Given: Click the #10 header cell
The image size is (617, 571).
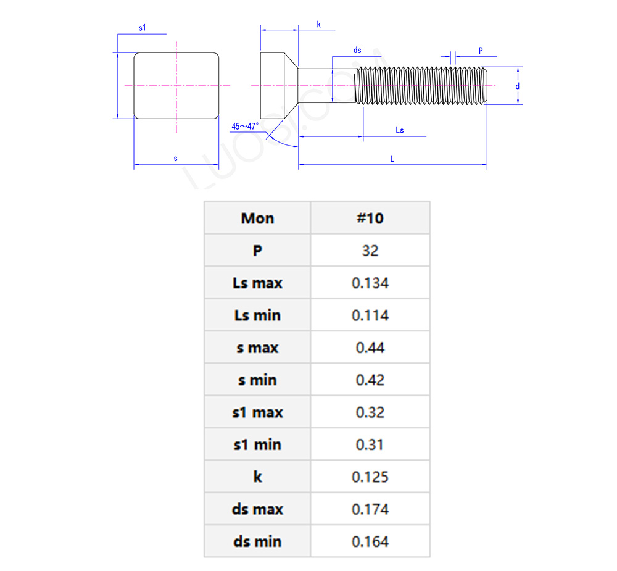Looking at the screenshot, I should click(x=370, y=219).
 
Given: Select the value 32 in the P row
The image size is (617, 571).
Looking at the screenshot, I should click(x=370, y=251).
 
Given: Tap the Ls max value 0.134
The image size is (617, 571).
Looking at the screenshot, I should click(x=370, y=283).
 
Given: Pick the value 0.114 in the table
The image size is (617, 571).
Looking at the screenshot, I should click(x=370, y=315).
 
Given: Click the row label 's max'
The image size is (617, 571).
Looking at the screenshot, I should click(x=257, y=348).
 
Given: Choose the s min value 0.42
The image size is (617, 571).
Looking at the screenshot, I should click(x=370, y=380).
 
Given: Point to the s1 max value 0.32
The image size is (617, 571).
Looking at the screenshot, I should click(x=370, y=412).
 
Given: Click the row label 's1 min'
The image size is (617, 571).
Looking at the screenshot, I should click(x=257, y=444).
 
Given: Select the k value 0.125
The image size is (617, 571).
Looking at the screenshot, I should click(x=370, y=477).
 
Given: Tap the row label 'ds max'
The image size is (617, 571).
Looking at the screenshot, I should click(x=257, y=509).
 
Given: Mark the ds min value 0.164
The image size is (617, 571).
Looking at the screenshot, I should click(x=370, y=542).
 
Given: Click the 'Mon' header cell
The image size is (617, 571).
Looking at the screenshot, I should click(x=257, y=219).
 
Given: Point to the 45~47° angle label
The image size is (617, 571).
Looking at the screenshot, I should click(x=245, y=127).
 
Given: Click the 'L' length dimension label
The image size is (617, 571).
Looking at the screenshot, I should click(x=392, y=159).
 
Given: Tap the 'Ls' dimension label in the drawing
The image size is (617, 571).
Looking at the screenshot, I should click(x=400, y=130).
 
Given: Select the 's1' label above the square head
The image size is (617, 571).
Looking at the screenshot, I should click(x=143, y=28).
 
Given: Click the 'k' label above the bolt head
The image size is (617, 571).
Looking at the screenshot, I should click(x=319, y=24).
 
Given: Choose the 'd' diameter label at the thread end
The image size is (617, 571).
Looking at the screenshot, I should click(x=518, y=86).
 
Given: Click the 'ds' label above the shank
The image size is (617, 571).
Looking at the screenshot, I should click(x=357, y=50).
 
